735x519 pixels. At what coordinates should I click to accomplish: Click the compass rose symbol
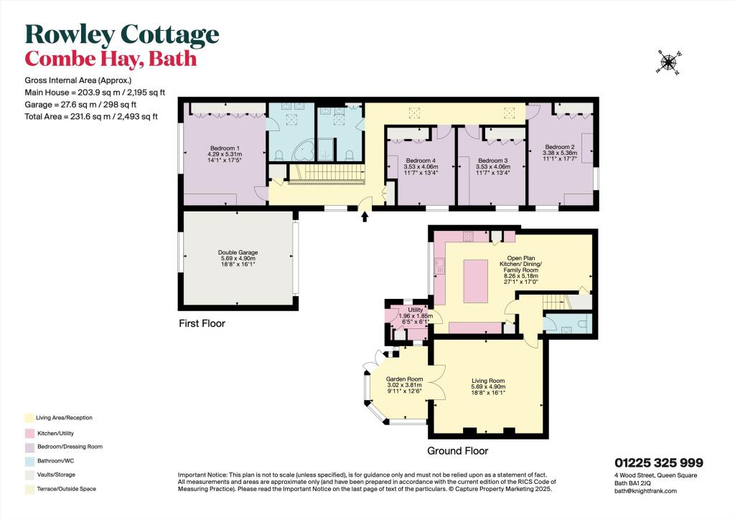pos(669,63)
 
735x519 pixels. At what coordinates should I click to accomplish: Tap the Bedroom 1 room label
pos(223,148)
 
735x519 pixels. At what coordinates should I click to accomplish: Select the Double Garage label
pos(238,252)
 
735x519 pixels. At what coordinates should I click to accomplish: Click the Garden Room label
pos(404,379)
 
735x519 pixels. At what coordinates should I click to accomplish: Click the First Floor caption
pos(202,323)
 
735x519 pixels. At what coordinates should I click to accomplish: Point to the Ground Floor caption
pos(457,451)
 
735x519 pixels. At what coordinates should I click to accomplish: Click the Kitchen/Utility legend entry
pos(55,433)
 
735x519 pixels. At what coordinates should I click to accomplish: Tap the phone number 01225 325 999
pos(658,463)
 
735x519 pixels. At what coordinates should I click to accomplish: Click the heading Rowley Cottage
pos(122,34)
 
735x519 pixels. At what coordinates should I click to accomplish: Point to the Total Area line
pos(90,116)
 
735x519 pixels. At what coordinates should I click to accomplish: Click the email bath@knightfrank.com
pos(645,491)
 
